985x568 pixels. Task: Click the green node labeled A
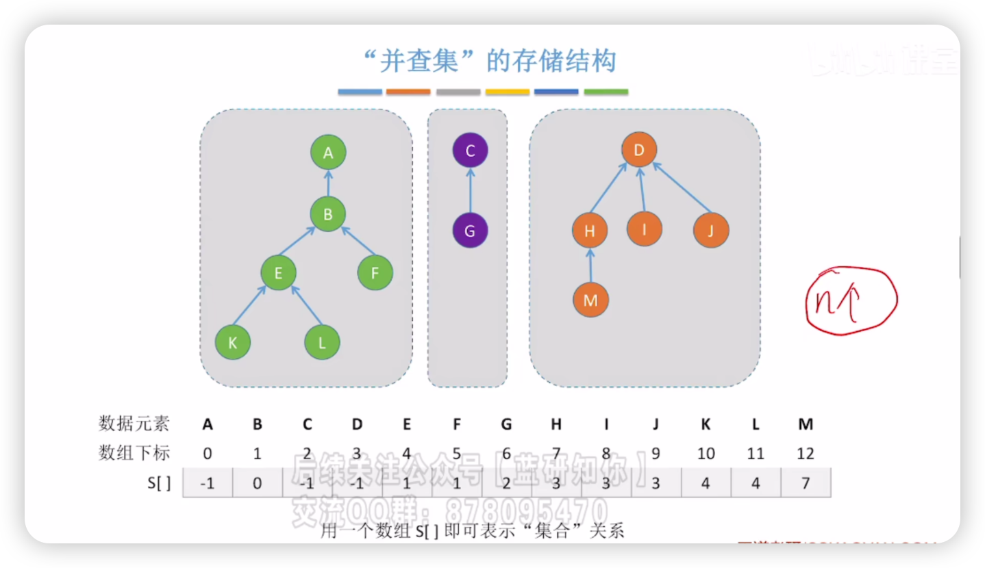(328, 153)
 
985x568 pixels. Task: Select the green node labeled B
(328, 214)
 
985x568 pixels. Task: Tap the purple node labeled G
(470, 231)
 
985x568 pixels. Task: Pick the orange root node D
(639, 151)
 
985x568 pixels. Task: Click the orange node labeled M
(590, 300)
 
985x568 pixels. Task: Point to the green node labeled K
(233, 343)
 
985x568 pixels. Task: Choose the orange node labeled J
(711, 231)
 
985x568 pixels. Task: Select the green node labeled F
(375, 273)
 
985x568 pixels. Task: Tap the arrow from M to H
(590, 266)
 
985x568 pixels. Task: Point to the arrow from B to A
(328, 183)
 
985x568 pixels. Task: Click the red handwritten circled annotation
(850, 301)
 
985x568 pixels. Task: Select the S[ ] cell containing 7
(806, 483)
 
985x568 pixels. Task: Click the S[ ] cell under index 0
(208, 483)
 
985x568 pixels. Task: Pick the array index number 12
(806, 454)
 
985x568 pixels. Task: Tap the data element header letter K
(706, 424)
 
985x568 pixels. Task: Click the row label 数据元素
(134, 424)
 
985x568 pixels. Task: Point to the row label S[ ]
(159, 483)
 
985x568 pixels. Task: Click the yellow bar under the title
(508, 92)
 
